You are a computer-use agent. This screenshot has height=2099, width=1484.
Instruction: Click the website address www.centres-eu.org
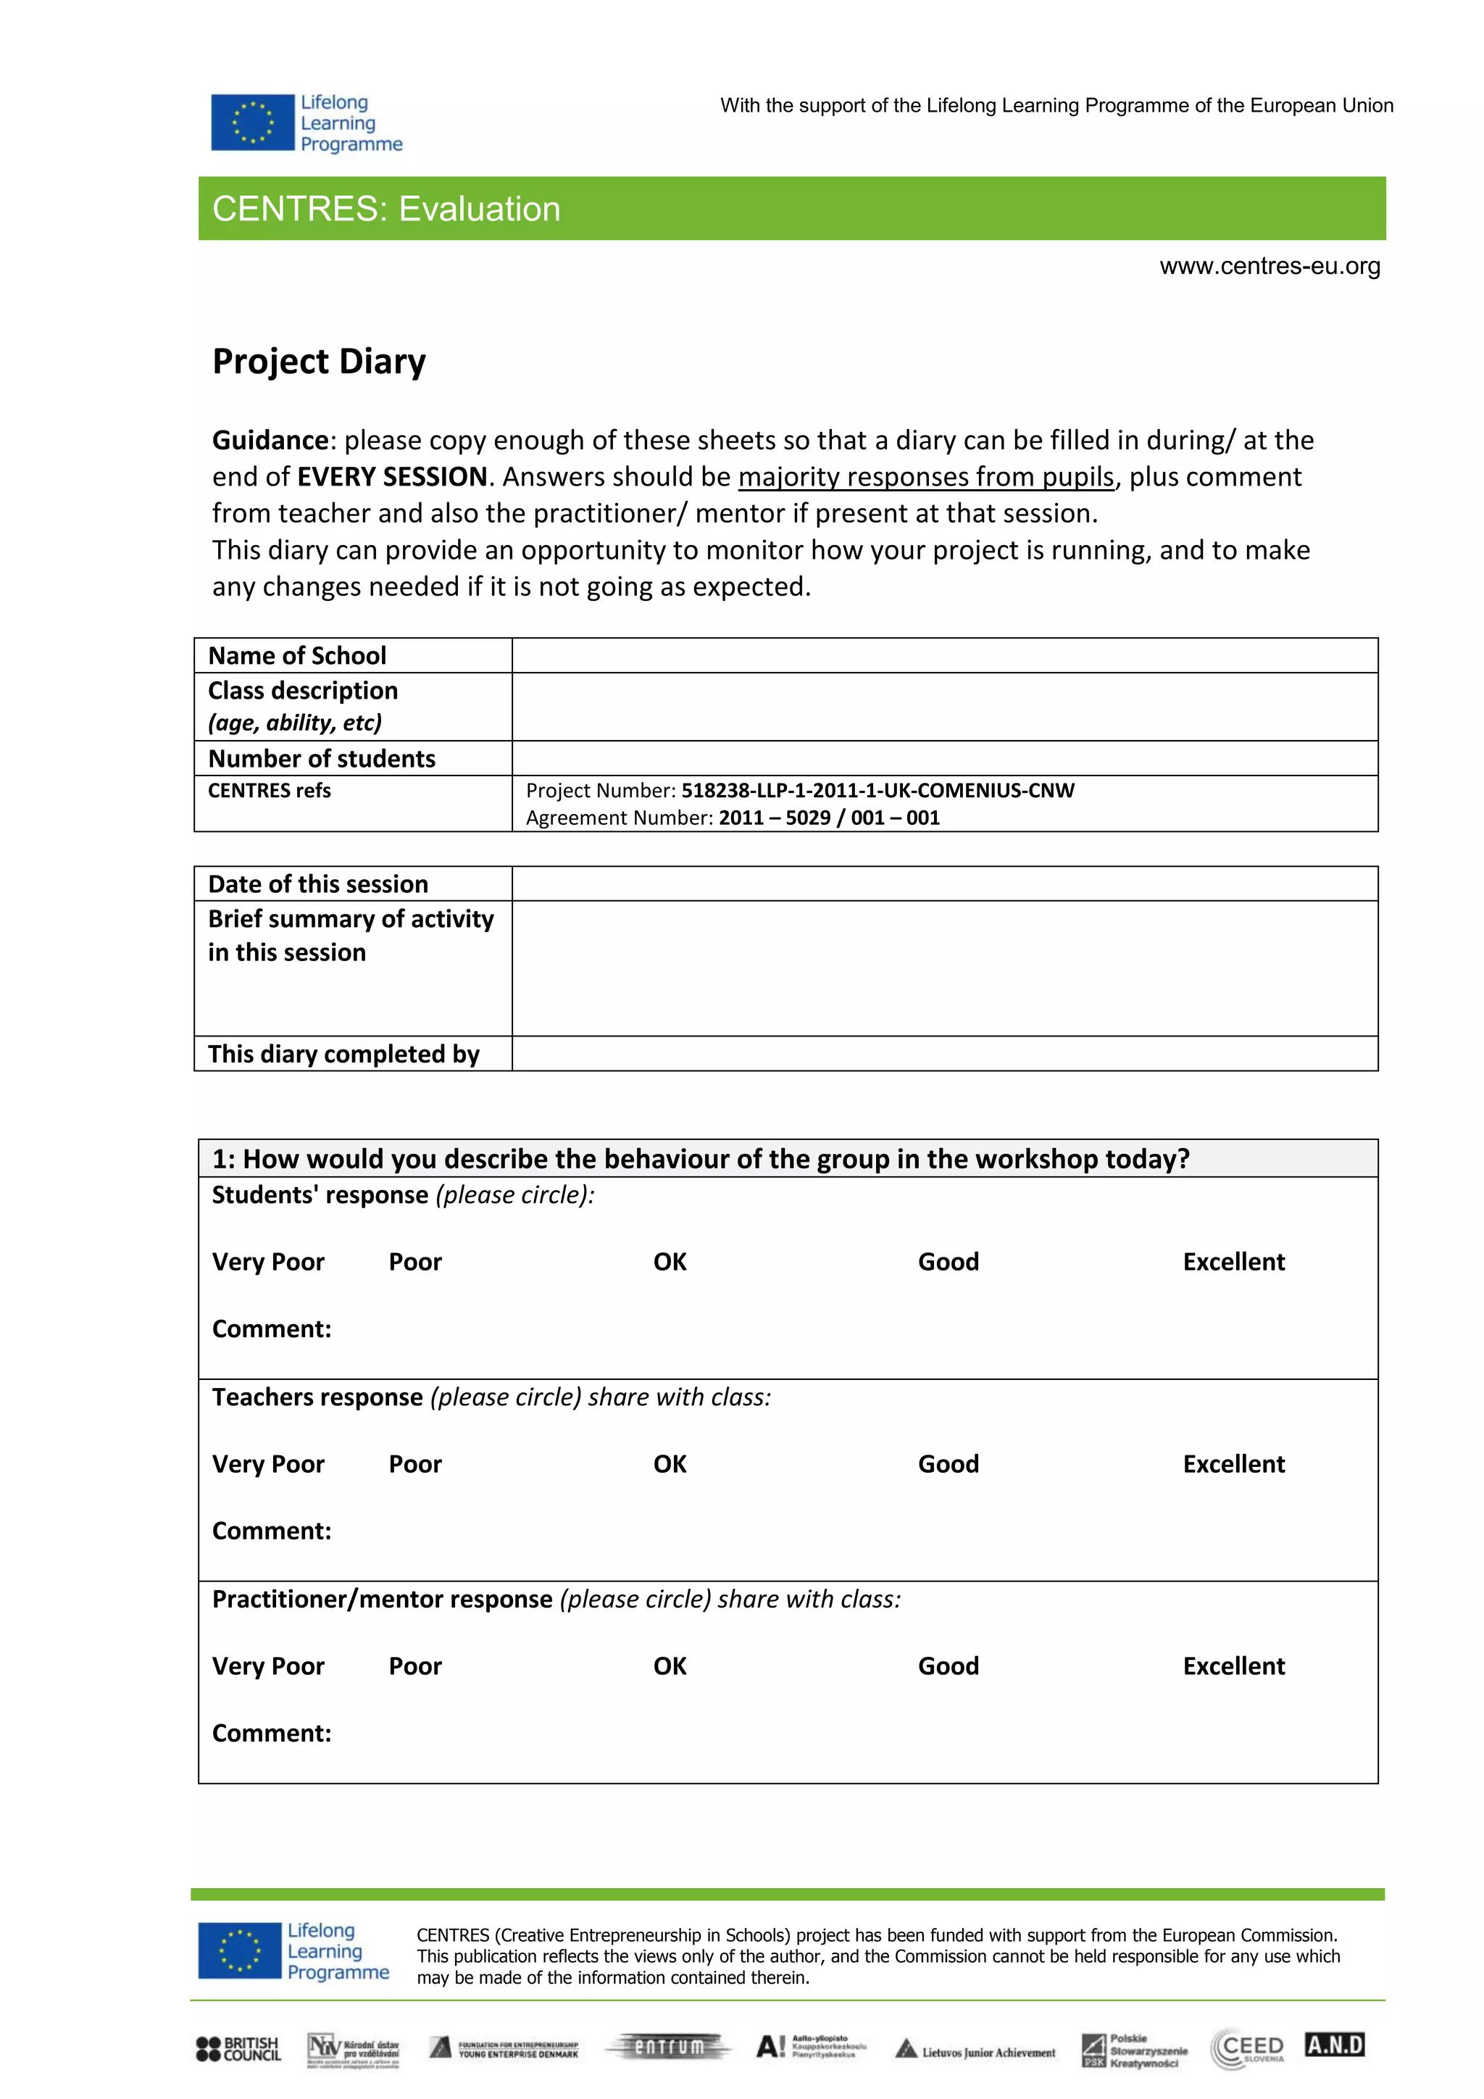[x=1270, y=266]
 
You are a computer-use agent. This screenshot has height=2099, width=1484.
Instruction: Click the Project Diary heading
[x=319, y=361]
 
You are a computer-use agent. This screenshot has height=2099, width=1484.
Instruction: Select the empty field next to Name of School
[x=944, y=655]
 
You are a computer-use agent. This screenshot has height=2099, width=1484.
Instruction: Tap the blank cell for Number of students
[x=944, y=758]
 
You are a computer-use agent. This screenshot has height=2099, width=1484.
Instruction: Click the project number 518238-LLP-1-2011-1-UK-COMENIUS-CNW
[x=878, y=790]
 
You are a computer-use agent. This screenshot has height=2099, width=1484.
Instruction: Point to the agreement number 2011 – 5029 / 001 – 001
[x=829, y=818]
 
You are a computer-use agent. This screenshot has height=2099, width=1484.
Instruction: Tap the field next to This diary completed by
[x=944, y=1053]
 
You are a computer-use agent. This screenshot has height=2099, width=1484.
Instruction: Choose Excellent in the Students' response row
[x=1233, y=1262]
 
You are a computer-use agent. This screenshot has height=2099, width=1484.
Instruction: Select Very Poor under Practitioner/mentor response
[x=267, y=1666]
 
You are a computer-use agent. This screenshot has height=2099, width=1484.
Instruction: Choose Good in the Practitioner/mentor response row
[x=948, y=1666]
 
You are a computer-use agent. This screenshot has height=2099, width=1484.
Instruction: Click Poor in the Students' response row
[x=415, y=1262]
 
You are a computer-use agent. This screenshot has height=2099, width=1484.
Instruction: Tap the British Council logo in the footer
[x=238, y=2049]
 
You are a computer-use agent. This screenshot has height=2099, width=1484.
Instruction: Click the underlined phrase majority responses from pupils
[x=925, y=476]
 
